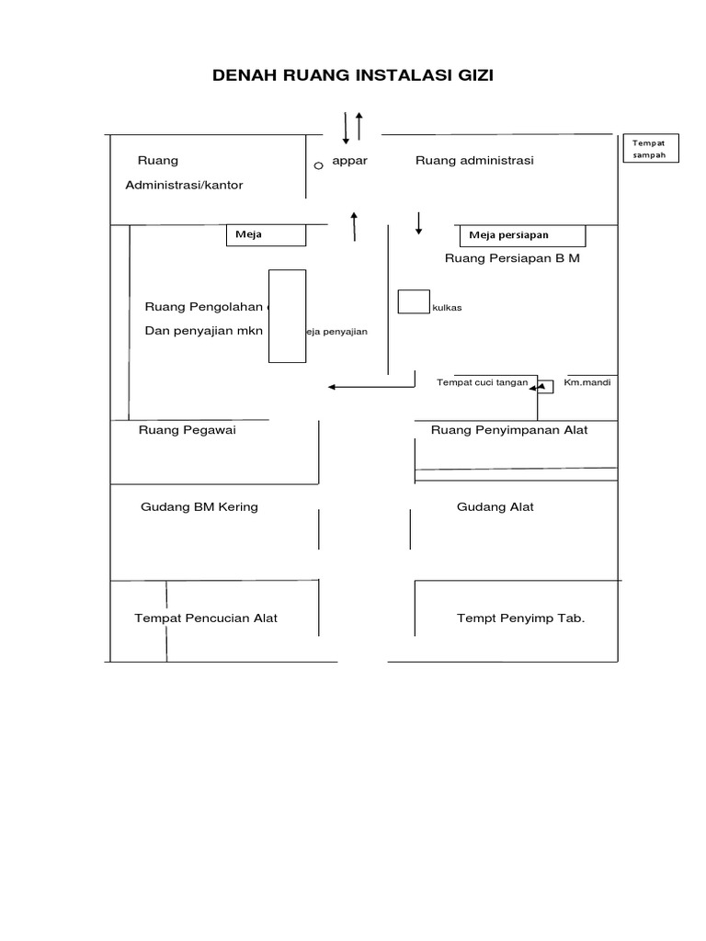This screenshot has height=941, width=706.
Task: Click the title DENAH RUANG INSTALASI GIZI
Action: pos(353,75)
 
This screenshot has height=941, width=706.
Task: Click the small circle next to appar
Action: pos(318,165)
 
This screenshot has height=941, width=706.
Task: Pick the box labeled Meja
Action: pos(266,235)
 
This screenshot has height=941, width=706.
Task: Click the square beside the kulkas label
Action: pos(413,302)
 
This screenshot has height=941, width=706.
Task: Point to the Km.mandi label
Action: pos(587,382)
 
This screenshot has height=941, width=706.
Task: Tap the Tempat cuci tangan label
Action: pos(482,382)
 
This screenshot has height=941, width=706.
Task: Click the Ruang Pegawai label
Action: pos(188,429)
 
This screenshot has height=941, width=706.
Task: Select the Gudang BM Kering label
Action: pos(199,506)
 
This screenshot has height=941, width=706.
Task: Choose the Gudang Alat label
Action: pos(495,506)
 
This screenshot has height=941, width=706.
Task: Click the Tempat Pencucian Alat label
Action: pos(206,618)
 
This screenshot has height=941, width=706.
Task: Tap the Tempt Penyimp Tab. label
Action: pos(520,618)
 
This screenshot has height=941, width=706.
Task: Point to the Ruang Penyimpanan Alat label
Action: pos(509,429)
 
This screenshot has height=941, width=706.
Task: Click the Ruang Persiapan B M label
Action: pos(512,258)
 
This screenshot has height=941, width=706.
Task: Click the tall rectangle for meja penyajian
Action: pos(287,315)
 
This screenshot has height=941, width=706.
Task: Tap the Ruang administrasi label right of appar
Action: pos(474,161)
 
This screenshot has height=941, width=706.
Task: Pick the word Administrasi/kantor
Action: pos(185,185)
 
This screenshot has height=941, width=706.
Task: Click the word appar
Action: pos(349,161)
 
